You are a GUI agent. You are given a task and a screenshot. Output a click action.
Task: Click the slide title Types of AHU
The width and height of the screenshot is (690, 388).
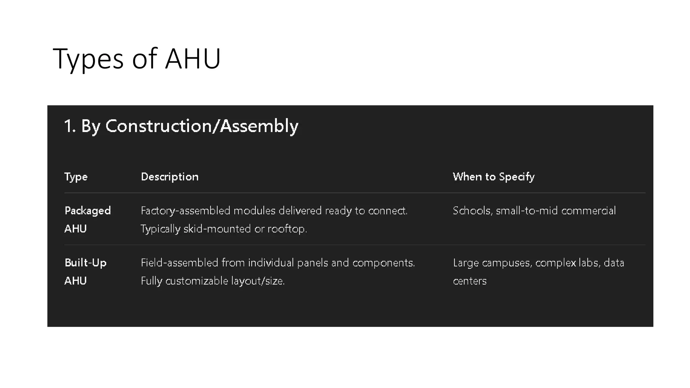(136, 59)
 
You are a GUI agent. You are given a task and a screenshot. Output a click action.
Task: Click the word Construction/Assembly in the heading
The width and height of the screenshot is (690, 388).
(202, 126)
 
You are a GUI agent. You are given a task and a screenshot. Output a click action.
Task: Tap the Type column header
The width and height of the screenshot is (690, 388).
(76, 177)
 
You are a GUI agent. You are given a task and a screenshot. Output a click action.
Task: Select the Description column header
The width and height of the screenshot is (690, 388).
(169, 177)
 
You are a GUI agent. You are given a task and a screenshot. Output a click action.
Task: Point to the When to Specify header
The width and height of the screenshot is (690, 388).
(493, 177)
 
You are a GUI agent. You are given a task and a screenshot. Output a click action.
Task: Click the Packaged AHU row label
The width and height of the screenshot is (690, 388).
(87, 219)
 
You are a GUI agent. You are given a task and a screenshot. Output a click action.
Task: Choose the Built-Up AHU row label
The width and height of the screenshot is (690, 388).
(85, 271)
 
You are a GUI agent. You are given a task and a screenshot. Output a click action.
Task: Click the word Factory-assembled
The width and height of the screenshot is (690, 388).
(185, 211)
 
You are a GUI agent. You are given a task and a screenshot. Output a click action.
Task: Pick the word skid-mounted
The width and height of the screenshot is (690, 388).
(217, 229)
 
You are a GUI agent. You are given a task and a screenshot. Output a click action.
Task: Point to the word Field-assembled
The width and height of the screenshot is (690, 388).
(179, 263)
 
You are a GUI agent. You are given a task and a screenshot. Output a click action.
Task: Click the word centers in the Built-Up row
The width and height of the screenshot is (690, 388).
(470, 281)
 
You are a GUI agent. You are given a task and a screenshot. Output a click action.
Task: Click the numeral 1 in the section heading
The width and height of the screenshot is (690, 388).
(68, 126)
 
